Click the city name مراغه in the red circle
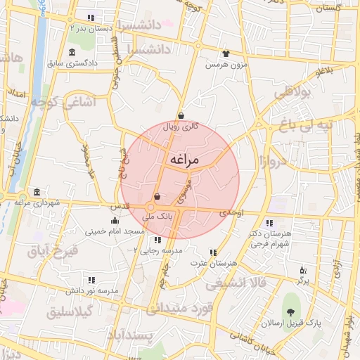click(x=185, y=160)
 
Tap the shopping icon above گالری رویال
click(x=181, y=116)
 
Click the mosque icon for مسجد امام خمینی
click(x=115, y=221)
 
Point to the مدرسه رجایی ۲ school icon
click(x=157, y=240)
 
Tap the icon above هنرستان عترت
click(x=213, y=252)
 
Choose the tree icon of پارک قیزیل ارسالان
click(x=290, y=312)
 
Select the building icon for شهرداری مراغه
click(x=37, y=193)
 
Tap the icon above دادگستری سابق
click(x=73, y=53)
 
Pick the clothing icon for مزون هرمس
click(x=226, y=53)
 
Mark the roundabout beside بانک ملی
click(x=151, y=207)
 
